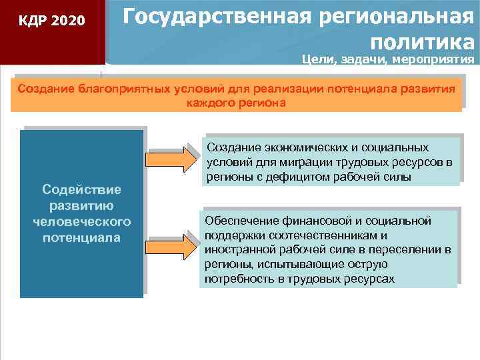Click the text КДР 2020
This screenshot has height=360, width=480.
[x=52, y=21]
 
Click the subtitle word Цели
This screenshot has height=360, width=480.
[x=315, y=60]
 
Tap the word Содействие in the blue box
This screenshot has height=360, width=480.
[x=81, y=189]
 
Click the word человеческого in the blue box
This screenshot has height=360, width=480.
[x=81, y=221]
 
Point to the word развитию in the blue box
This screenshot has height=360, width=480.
[x=81, y=205]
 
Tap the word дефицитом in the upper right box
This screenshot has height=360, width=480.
[x=296, y=177]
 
